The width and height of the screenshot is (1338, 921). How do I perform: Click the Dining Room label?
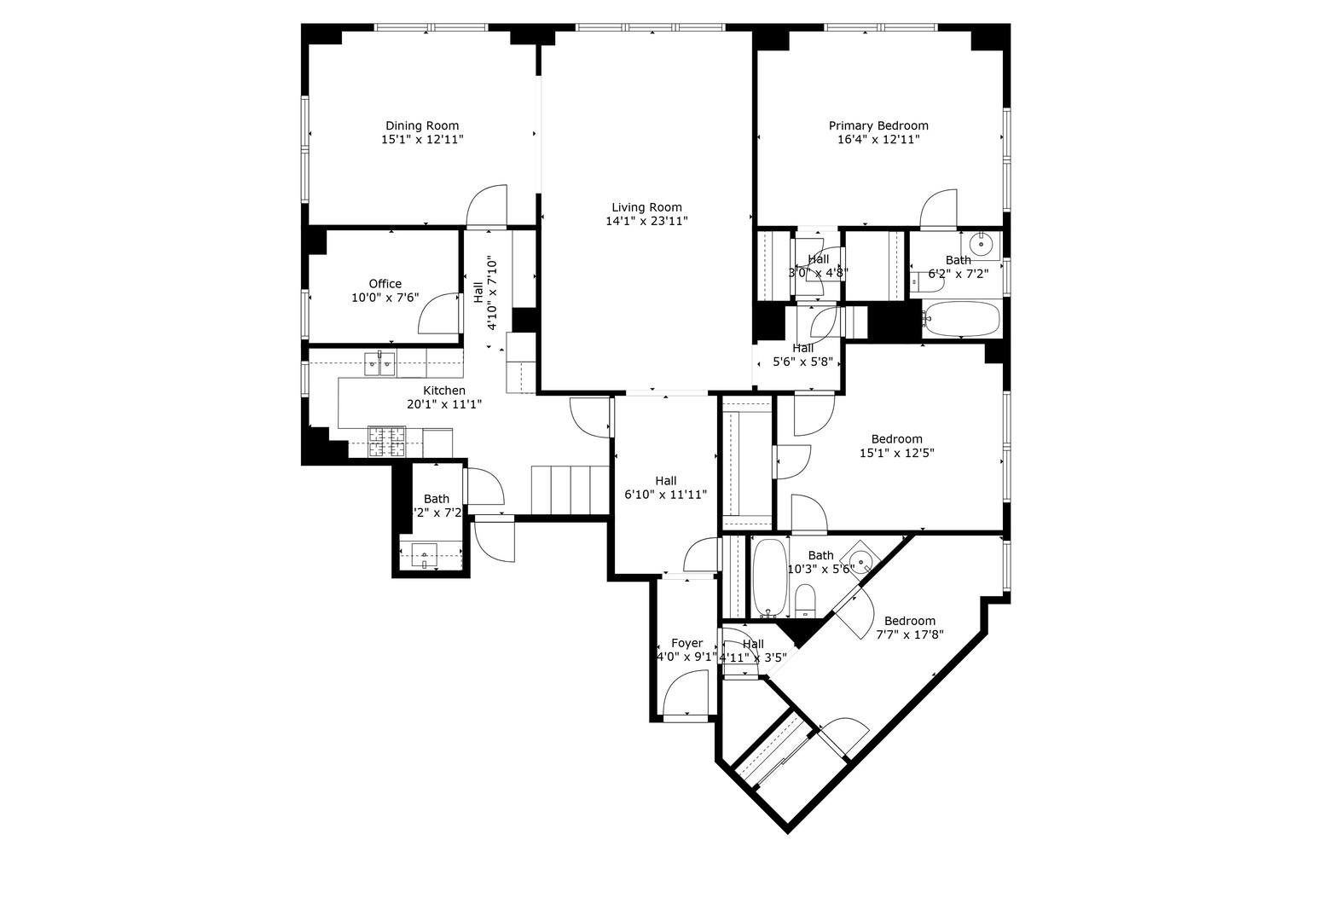[422, 125]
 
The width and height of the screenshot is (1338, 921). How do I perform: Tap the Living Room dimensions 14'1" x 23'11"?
[646, 221]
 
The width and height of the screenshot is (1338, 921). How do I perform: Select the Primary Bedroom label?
[878, 125]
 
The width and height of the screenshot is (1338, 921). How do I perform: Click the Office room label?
[385, 284]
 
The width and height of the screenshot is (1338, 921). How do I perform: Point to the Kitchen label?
[444, 391]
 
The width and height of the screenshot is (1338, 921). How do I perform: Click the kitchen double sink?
[379, 364]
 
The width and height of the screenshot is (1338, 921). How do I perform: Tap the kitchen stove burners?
[386, 441]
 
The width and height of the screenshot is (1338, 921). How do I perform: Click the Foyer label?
[686, 643]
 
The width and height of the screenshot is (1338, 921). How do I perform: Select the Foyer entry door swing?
[688, 692]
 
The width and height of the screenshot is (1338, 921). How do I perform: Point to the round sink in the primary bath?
[982, 245]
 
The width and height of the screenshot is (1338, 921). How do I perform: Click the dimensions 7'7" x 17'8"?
[909, 634]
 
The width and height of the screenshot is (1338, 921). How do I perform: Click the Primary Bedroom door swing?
[939, 207]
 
